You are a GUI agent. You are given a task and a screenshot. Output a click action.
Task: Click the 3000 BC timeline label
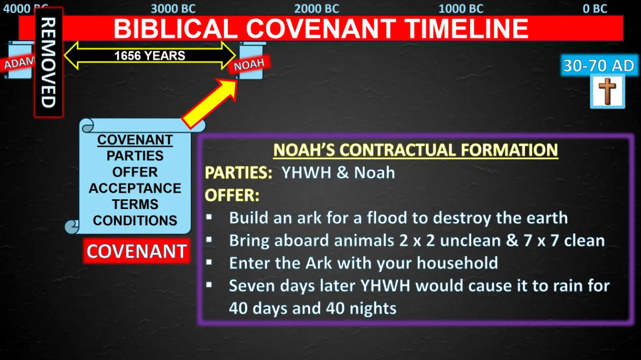click(x=173, y=9)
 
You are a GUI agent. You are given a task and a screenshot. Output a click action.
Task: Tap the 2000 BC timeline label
click(x=316, y=9)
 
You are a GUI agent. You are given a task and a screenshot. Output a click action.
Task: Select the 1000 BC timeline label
click(x=461, y=9)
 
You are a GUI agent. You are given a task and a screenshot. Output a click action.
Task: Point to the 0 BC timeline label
click(x=595, y=9)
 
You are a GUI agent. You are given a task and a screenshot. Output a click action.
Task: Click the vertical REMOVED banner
click(x=49, y=62)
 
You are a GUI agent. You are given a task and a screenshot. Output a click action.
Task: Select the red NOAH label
click(x=249, y=65)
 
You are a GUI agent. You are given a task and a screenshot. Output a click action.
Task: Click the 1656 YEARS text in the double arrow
click(x=150, y=56)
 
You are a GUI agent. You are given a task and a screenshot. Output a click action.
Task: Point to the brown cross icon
click(x=607, y=91)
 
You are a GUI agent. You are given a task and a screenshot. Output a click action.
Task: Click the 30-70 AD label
click(x=599, y=66)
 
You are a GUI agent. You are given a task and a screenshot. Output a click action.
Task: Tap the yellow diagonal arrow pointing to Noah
click(x=210, y=103)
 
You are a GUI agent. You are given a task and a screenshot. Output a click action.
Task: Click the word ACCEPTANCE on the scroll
click(x=135, y=189)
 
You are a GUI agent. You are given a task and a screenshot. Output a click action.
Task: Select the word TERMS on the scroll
click(x=135, y=205)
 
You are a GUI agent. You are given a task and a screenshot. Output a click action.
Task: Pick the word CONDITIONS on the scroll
click(x=135, y=221)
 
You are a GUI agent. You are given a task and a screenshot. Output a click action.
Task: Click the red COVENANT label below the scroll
click(x=137, y=251)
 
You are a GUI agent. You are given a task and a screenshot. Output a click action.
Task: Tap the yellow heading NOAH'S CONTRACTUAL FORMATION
click(x=416, y=150)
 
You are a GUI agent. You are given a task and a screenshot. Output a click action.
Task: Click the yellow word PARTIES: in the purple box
click(x=238, y=173)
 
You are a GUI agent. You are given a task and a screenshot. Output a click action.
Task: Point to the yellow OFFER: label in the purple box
click(x=232, y=195)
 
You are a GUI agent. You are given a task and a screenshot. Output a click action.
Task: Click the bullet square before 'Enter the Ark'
click(x=209, y=262)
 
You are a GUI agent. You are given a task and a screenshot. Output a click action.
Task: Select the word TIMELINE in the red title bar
click(x=467, y=28)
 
